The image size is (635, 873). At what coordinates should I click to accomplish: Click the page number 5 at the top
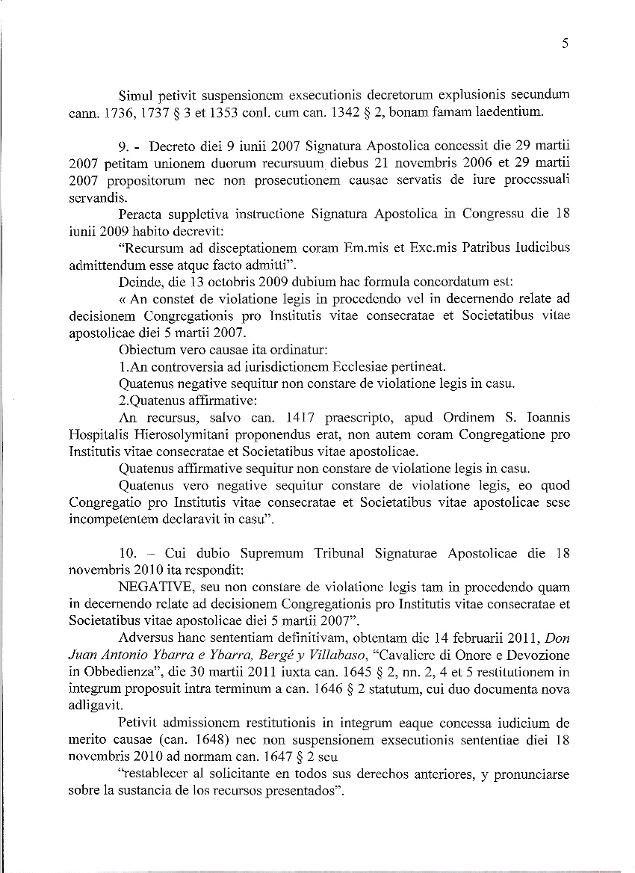[565, 44]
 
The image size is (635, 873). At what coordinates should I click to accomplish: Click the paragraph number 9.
[126, 145]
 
